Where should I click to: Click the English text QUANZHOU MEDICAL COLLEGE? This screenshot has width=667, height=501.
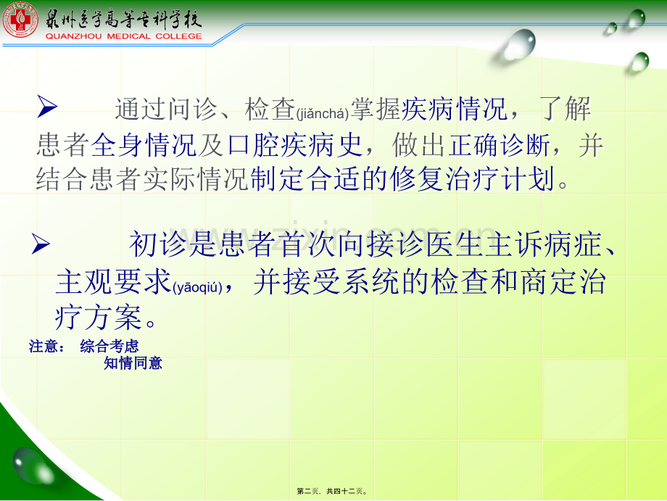pyautogui.click(x=124, y=36)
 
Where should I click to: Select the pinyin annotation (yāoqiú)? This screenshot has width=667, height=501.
pyautogui.click(x=198, y=288)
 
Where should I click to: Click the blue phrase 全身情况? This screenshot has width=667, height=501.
pyautogui.click(x=144, y=146)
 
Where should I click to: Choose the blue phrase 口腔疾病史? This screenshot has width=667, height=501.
pyautogui.click(x=294, y=146)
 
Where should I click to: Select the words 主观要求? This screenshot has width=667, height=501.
pyautogui.click(x=112, y=283)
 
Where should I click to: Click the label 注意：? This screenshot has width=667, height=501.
pyautogui.click(x=47, y=347)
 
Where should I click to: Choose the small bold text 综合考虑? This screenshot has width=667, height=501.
pyautogui.click(x=109, y=347)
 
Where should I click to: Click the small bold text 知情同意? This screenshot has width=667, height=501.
pyautogui.click(x=133, y=363)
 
